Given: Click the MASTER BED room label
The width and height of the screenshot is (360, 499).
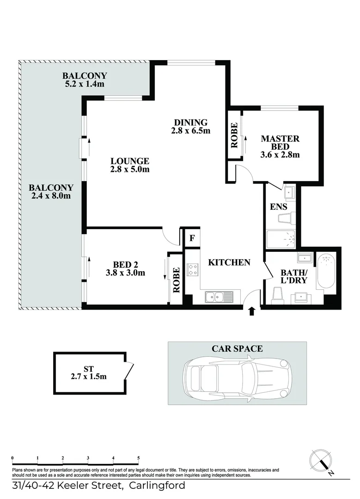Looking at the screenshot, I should [280, 142].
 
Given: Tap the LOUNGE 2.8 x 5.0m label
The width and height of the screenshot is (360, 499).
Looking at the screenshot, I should [130, 165].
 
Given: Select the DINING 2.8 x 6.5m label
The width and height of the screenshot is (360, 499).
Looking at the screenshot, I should [190, 126].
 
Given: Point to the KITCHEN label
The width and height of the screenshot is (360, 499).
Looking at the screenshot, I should [229, 262].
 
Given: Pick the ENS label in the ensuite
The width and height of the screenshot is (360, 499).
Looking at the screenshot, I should [279, 207].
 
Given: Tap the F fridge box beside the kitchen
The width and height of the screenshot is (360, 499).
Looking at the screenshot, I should [192, 239].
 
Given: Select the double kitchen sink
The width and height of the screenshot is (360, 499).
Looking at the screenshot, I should [216, 297].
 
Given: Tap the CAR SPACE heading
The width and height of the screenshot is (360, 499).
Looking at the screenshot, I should [237, 349].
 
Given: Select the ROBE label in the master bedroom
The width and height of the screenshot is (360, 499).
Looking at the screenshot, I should [234, 135].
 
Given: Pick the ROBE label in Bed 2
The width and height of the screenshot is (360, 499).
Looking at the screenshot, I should [176, 280].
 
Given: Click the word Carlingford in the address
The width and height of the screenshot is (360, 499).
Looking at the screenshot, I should [157, 486].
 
